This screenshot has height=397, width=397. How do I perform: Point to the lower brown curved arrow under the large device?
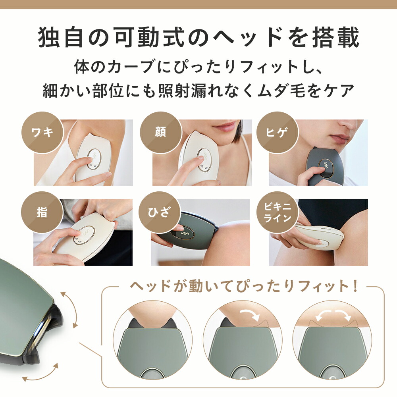point(40,373)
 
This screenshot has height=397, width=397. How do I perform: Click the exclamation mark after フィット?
point(355,286)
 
